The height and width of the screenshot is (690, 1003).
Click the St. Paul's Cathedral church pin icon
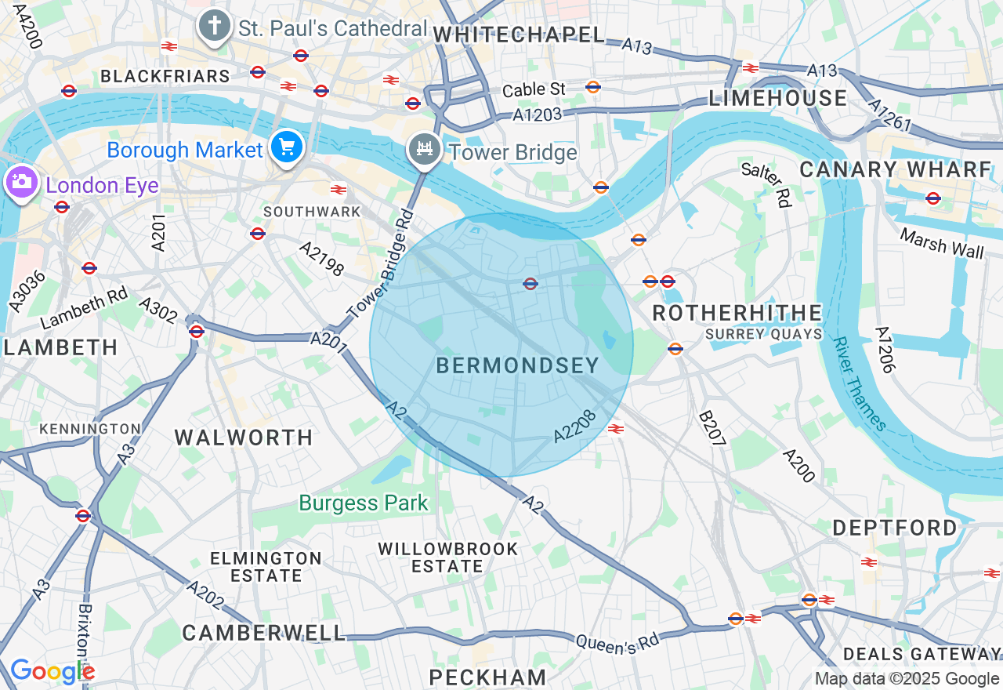point(213,26)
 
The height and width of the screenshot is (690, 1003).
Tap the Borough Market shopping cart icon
point(287,147)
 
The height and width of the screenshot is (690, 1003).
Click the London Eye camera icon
point(20,183)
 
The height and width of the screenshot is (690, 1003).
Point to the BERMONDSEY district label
point(517,365)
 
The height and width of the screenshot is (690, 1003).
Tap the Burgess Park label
point(364,503)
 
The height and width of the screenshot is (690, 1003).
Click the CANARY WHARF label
point(896,169)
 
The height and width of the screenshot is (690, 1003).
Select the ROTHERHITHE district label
point(737,313)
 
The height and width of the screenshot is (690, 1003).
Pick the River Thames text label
point(860,384)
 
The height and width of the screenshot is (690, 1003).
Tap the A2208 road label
point(576,424)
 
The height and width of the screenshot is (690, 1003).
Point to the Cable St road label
point(534,89)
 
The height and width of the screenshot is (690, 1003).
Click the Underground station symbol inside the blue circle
point(530,283)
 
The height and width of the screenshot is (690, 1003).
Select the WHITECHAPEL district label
point(519,34)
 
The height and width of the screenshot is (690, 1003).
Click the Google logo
point(52,671)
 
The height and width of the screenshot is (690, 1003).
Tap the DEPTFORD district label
point(894,528)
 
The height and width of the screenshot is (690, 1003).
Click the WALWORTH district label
point(244,438)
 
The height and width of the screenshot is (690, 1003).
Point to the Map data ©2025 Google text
point(907,679)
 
